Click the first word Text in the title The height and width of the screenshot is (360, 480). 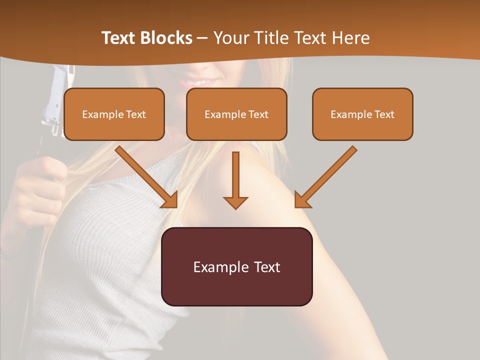[x=120, y=38]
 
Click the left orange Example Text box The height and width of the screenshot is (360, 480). [x=114, y=114]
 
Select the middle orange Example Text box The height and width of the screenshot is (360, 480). [x=236, y=114]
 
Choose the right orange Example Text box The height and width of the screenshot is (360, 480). [x=362, y=114]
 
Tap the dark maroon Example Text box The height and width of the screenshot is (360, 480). [x=236, y=266]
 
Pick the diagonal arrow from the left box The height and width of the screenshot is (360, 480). [x=147, y=177]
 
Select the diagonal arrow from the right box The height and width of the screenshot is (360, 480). [x=325, y=177]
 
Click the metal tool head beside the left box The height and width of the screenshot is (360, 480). [x=55, y=100]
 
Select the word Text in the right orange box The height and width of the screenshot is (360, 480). [x=384, y=114]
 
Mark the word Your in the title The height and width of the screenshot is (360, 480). [x=229, y=38]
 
